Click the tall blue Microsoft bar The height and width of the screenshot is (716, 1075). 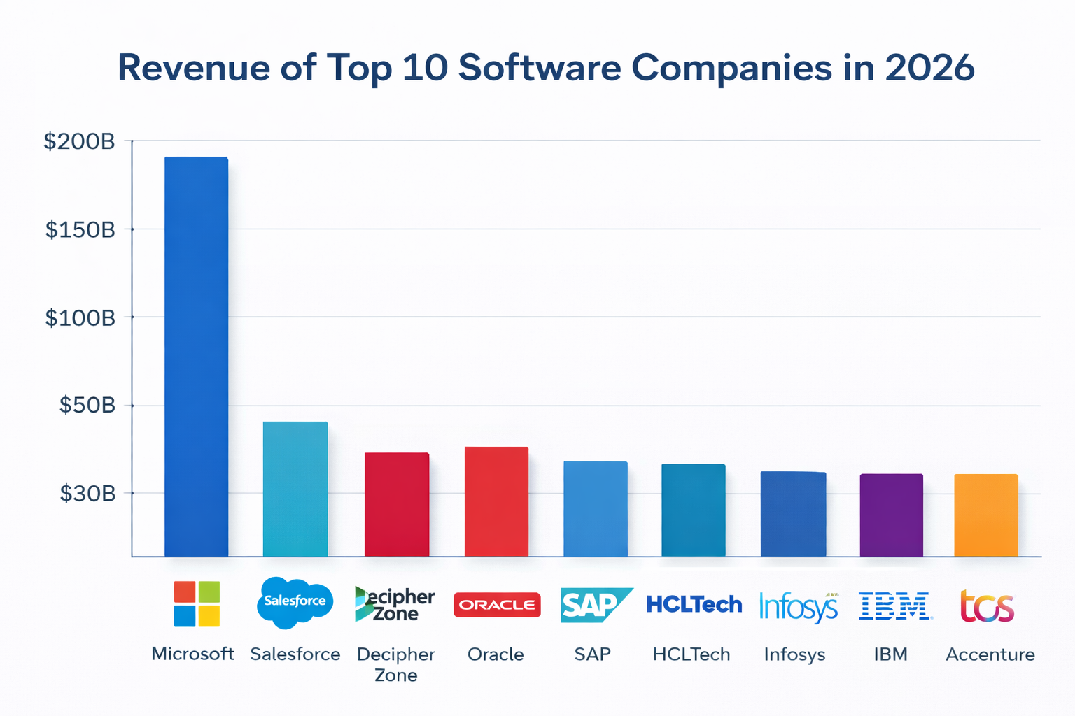coord(196,357)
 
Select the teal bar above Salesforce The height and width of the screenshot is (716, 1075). coord(295,489)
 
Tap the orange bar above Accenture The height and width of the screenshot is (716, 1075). coord(986,515)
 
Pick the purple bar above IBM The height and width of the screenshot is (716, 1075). coord(891,515)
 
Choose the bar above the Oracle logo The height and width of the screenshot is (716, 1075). coord(496,501)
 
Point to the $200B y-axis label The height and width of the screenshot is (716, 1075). coord(79,142)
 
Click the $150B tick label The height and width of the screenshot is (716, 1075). coord(80,229)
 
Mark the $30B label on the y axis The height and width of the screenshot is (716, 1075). coord(87,494)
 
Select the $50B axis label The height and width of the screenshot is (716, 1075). coord(87,405)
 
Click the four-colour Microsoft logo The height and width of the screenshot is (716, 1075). coord(197,603)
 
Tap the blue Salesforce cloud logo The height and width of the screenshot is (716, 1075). coord(295,601)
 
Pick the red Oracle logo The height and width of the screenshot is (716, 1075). coord(497,605)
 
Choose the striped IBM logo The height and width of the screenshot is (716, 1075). coord(895,606)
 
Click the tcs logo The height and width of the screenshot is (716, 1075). coord(987,606)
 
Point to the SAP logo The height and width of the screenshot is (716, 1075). coord(594,605)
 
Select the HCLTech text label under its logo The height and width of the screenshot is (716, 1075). coord(691,654)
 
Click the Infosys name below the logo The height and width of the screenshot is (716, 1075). coord(794,654)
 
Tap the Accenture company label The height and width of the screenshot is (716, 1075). coord(990,654)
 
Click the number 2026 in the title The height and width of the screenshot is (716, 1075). coord(929,68)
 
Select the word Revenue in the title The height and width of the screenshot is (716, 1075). coord(193,68)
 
